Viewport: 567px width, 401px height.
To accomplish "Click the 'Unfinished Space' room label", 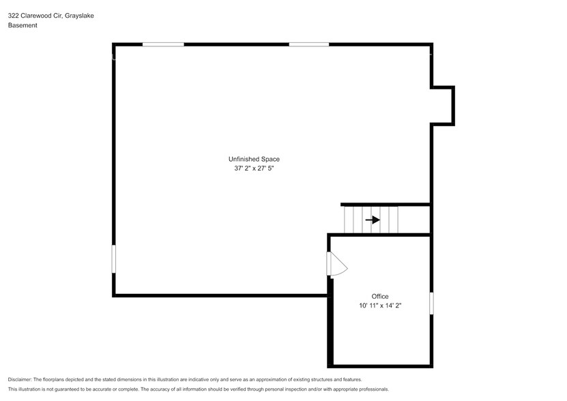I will [x=254, y=159].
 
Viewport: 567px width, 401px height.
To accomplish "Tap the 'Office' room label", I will [x=380, y=296].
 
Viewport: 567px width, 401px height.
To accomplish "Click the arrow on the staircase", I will [x=373, y=220].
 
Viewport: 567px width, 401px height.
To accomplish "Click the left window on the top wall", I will [x=163, y=44].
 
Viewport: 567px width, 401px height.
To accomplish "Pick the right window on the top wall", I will [x=308, y=44].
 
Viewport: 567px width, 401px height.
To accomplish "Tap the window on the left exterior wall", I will [x=114, y=259].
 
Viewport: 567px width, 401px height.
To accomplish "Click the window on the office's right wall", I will [x=431, y=303].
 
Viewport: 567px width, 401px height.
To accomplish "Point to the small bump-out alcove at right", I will [x=442, y=106].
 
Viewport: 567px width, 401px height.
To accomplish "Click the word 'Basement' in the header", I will [x=23, y=25].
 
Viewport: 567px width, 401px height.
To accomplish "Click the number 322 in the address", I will [x=14, y=15].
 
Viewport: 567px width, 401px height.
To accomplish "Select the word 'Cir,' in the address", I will [x=57, y=15].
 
